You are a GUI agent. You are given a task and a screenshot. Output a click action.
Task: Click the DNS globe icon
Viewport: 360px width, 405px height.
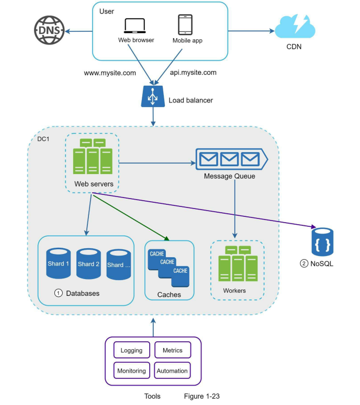pyautogui.click(x=49, y=30)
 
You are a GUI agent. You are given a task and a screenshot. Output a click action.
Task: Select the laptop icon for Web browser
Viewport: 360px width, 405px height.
pyautogui.click(x=136, y=26)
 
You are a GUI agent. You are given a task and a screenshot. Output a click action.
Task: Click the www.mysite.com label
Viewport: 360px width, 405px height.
pyautogui.click(x=110, y=73)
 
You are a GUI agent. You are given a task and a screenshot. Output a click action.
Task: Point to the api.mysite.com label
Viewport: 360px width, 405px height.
pyautogui.click(x=193, y=73)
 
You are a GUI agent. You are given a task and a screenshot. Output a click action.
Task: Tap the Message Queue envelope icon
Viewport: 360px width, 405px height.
pyautogui.click(x=231, y=157)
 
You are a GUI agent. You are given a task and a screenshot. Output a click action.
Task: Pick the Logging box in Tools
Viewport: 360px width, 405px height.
pyautogui.click(x=131, y=350)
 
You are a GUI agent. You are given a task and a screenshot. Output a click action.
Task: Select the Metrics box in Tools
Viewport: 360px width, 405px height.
pyautogui.click(x=172, y=350)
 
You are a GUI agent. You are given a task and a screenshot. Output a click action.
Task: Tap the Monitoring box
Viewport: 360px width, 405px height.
pyautogui.click(x=131, y=371)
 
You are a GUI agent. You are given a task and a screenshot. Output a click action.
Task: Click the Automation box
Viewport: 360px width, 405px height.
pyautogui.click(x=172, y=371)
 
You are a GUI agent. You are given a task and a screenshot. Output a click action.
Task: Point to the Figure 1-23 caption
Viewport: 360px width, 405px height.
pyautogui.click(x=201, y=396)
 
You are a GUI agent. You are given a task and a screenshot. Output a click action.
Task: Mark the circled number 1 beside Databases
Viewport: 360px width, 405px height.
pyautogui.click(x=58, y=293)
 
